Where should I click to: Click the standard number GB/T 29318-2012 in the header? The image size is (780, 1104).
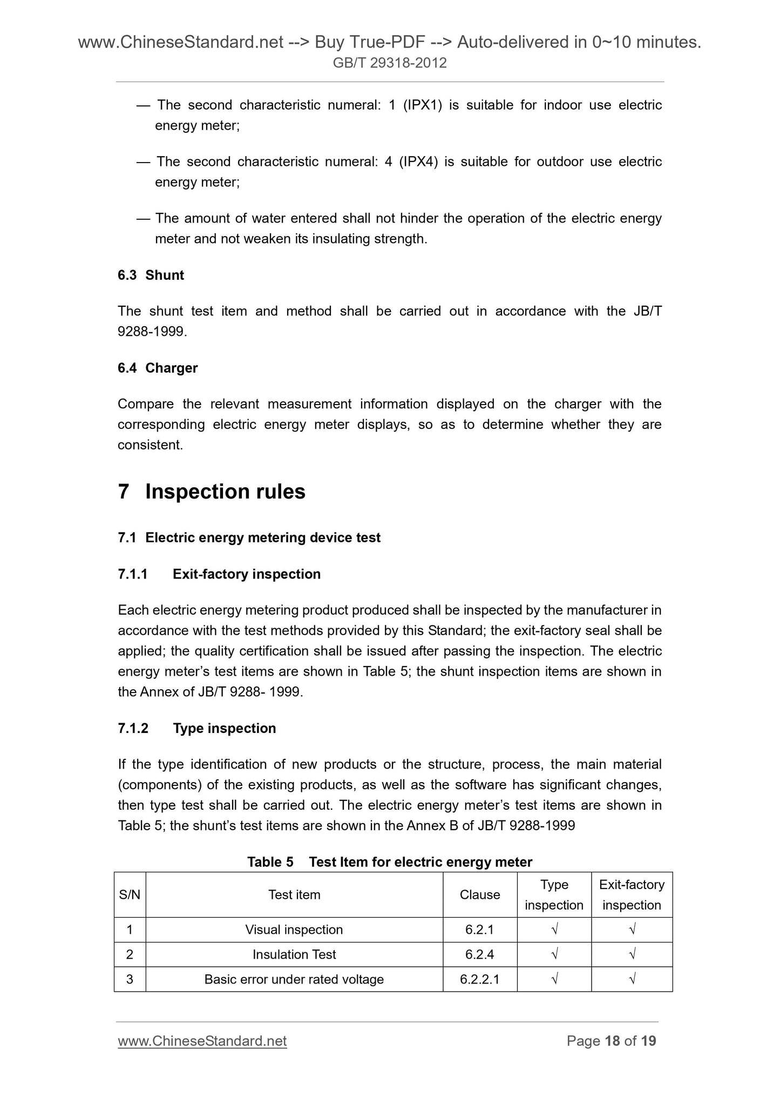click(x=389, y=63)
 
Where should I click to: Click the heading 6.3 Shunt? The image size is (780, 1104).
click(x=151, y=275)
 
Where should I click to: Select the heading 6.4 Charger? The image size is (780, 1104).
click(x=157, y=368)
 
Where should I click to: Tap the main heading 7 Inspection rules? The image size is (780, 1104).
click(x=212, y=492)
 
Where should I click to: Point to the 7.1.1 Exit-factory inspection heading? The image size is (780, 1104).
click(x=219, y=574)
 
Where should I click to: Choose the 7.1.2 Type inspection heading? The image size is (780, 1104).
click(x=196, y=728)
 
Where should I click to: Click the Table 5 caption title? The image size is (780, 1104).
click(x=389, y=861)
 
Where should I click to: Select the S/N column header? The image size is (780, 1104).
click(x=130, y=894)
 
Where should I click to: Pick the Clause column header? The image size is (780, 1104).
click(x=479, y=894)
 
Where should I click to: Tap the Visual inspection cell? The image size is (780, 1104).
click(x=294, y=930)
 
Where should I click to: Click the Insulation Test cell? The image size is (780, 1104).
click(x=294, y=954)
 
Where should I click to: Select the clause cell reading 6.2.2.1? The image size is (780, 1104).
click(x=479, y=979)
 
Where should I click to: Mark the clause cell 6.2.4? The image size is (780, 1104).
click(x=479, y=954)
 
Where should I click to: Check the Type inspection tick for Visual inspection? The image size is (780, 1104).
click(x=554, y=930)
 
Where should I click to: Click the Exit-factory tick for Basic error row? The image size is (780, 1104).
click(x=632, y=979)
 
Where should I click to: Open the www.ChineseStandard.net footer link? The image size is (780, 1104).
click(x=202, y=1041)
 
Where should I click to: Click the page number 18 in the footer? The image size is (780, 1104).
click(x=612, y=1041)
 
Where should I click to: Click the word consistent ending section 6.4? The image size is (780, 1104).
click(x=149, y=445)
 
